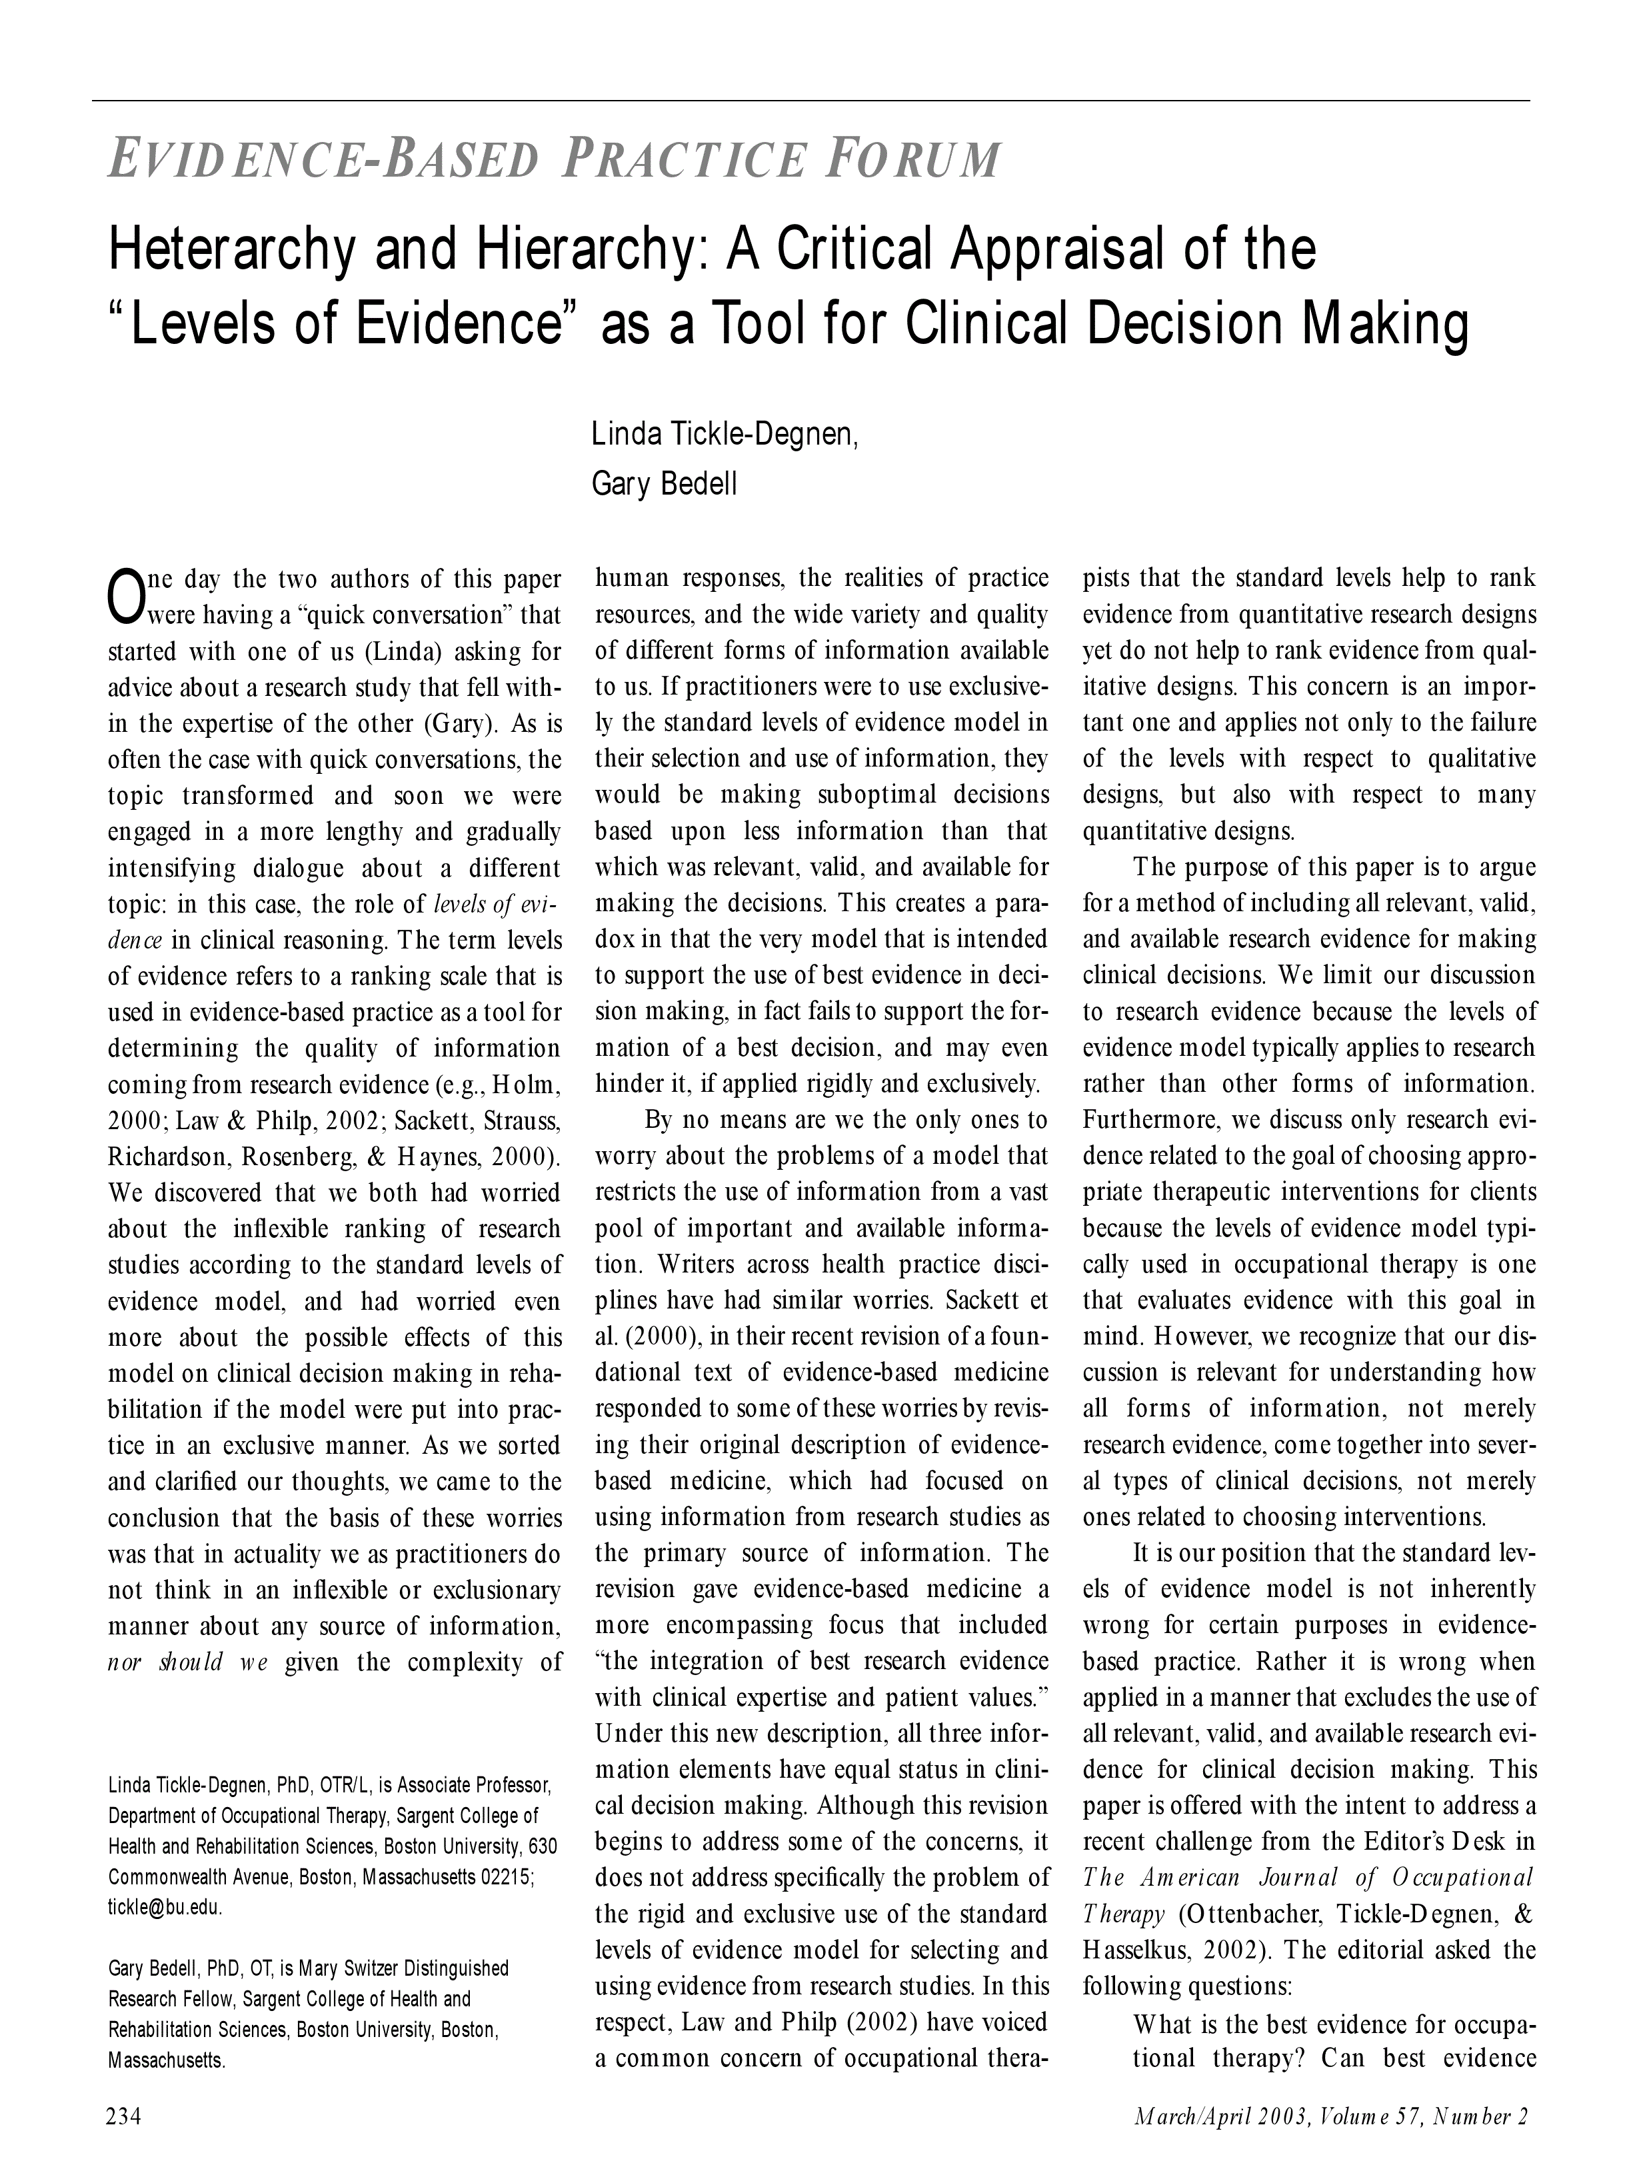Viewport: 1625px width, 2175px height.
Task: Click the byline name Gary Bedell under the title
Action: (x=664, y=485)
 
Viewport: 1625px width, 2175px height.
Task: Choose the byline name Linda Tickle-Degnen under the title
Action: (x=725, y=434)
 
